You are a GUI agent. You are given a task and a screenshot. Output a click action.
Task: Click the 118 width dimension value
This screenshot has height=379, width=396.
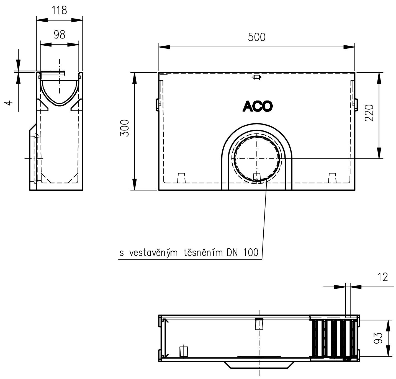(59, 10)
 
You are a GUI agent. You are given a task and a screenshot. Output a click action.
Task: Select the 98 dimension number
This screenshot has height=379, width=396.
(60, 35)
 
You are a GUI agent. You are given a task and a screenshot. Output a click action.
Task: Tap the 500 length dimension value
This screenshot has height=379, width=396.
(257, 37)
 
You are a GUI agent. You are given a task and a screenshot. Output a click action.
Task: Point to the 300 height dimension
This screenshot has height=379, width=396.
(125, 128)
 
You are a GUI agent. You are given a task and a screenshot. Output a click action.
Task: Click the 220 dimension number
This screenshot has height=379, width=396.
(369, 113)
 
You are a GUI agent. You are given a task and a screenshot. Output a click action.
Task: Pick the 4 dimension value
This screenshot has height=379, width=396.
(9, 103)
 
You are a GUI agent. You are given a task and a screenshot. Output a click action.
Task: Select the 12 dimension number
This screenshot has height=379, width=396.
(383, 277)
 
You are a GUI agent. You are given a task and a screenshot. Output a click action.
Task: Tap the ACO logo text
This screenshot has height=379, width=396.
(258, 106)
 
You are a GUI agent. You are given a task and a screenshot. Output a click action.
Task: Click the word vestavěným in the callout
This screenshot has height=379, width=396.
(154, 253)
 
